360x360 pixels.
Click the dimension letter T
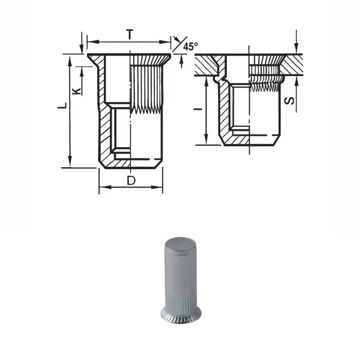point(130,34)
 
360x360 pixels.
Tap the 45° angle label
point(191,46)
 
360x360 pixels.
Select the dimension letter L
point(62,105)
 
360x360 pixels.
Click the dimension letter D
point(131,181)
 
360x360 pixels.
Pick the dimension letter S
point(289,101)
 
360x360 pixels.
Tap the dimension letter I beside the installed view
point(198,109)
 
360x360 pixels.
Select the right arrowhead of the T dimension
point(165,42)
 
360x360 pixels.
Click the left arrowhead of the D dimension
point(105,187)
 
